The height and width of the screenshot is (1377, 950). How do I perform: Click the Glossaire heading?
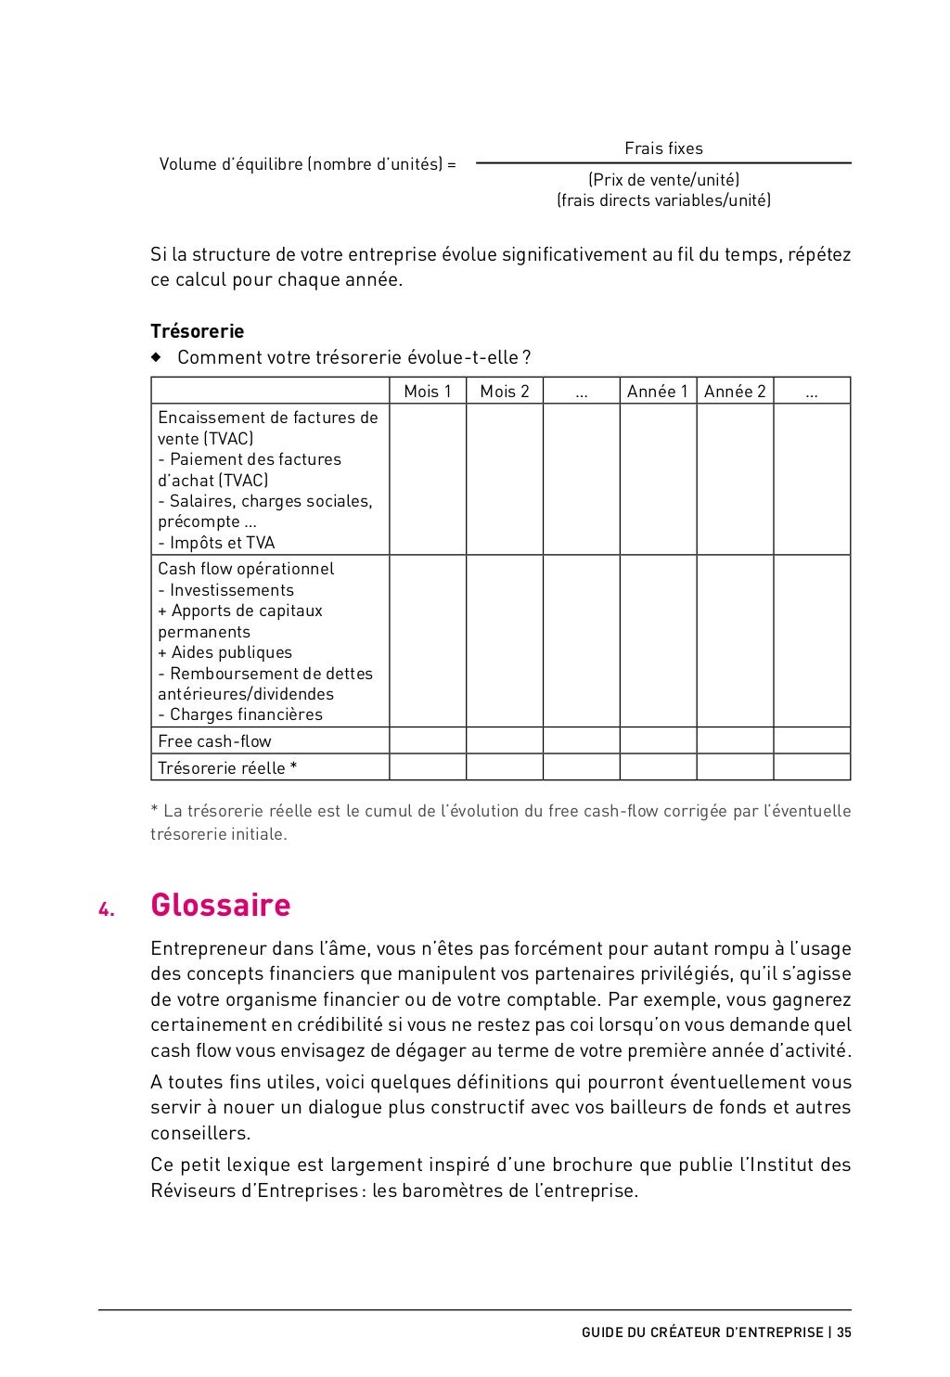220,905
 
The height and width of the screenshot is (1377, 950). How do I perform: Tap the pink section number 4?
106,909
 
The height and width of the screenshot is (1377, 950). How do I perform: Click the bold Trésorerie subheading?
197,331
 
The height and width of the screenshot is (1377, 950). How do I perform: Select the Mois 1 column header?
427,392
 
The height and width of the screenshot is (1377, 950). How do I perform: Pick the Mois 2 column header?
504,392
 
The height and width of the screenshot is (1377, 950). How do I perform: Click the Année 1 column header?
657,392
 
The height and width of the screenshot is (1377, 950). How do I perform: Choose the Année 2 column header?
735,392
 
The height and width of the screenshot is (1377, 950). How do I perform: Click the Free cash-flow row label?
214,741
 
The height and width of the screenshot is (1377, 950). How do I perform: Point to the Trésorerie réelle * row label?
227,768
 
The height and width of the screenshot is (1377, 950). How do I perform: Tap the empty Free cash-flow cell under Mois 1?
427,740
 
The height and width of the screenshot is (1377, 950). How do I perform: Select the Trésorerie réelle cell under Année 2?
735,767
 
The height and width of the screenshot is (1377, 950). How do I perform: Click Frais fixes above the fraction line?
663,148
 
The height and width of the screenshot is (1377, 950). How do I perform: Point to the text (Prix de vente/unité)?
663,180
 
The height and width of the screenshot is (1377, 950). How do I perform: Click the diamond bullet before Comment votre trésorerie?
156,357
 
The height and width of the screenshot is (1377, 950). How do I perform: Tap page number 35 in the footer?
843,1332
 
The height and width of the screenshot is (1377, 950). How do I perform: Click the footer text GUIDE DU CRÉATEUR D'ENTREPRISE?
702,1332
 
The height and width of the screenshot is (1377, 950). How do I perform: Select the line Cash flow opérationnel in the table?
246,569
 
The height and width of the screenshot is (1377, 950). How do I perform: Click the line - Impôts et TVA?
216,543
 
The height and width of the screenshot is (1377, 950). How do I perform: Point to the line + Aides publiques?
225,652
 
